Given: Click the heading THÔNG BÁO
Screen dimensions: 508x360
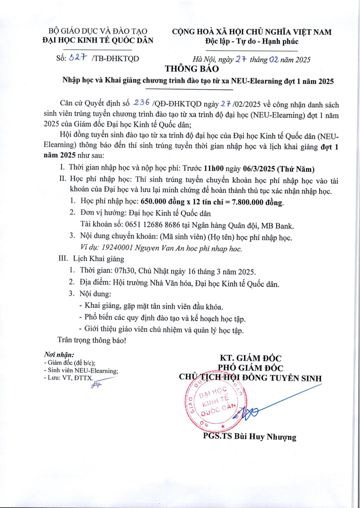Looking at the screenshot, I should click(192, 69).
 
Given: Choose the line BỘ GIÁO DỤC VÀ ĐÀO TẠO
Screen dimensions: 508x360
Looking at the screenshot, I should click(98, 31).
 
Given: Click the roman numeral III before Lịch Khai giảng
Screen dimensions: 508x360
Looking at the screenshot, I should click(64, 259).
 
